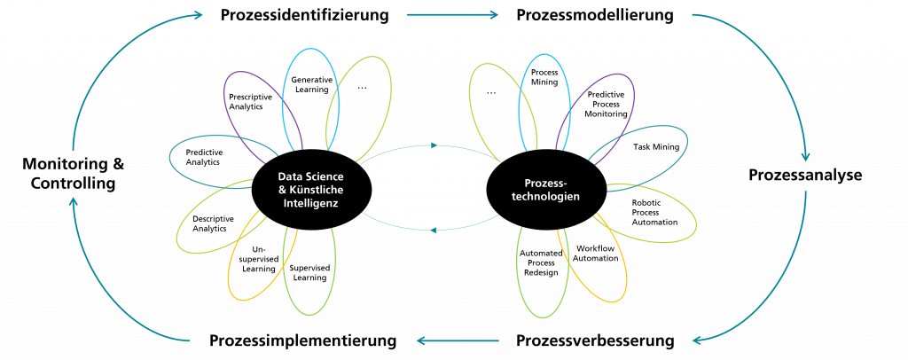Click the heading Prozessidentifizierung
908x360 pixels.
(x=305, y=14)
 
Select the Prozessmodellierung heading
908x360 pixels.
(x=595, y=14)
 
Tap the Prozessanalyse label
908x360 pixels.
(x=805, y=175)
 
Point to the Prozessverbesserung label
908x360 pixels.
(x=595, y=340)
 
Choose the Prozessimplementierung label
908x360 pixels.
(x=303, y=340)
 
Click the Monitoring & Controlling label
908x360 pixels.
(x=73, y=174)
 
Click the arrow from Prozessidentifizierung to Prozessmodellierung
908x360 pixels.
(x=453, y=15)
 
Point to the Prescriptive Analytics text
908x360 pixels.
(x=250, y=102)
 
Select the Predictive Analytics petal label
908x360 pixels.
(x=203, y=157)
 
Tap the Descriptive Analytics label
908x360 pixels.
(x=213, y=223)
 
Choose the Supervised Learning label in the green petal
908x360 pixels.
(x=309, y=272)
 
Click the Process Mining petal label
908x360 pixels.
(x=544, y=77)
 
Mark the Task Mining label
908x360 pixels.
(x=656, y=147)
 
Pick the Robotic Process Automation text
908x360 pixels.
(x=654, y=213)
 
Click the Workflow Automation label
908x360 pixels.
(x=595, y=253)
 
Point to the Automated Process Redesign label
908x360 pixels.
(x=541, y=262)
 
